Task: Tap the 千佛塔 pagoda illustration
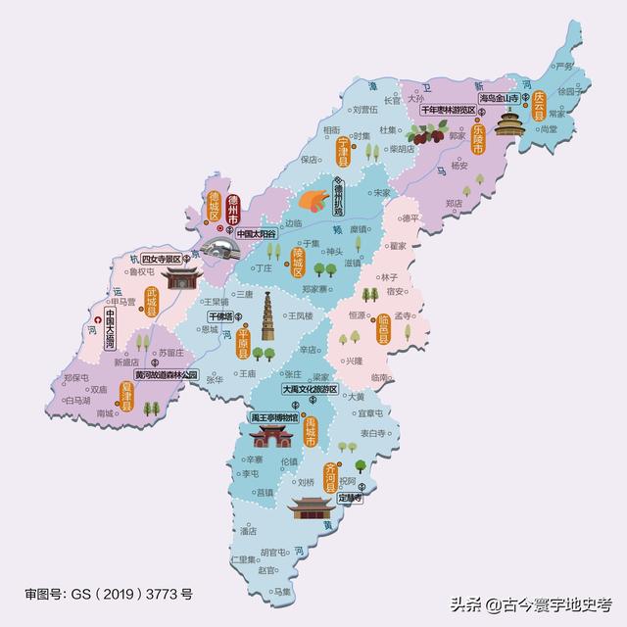[x=266, y=317]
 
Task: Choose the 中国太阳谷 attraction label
[x=244, y=235]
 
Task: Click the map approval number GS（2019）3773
[x=108, y=594]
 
